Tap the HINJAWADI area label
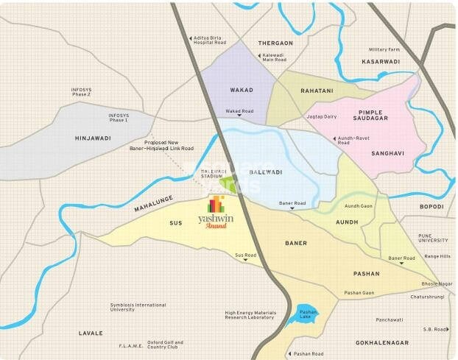pos(91,138)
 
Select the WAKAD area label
pos(242,90)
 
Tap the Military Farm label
pos(384,49)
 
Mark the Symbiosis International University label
pos(138,308)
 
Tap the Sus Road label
pos(245,255)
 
